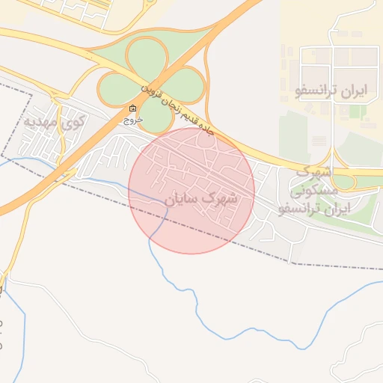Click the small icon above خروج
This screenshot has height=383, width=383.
click(133, 108)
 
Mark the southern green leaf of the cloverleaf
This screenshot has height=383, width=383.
click(155, 115)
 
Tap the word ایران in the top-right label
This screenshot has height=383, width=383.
click(352, 92)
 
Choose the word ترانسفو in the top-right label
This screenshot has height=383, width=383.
click(315, 92)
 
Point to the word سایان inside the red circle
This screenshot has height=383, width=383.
click(182, 200)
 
